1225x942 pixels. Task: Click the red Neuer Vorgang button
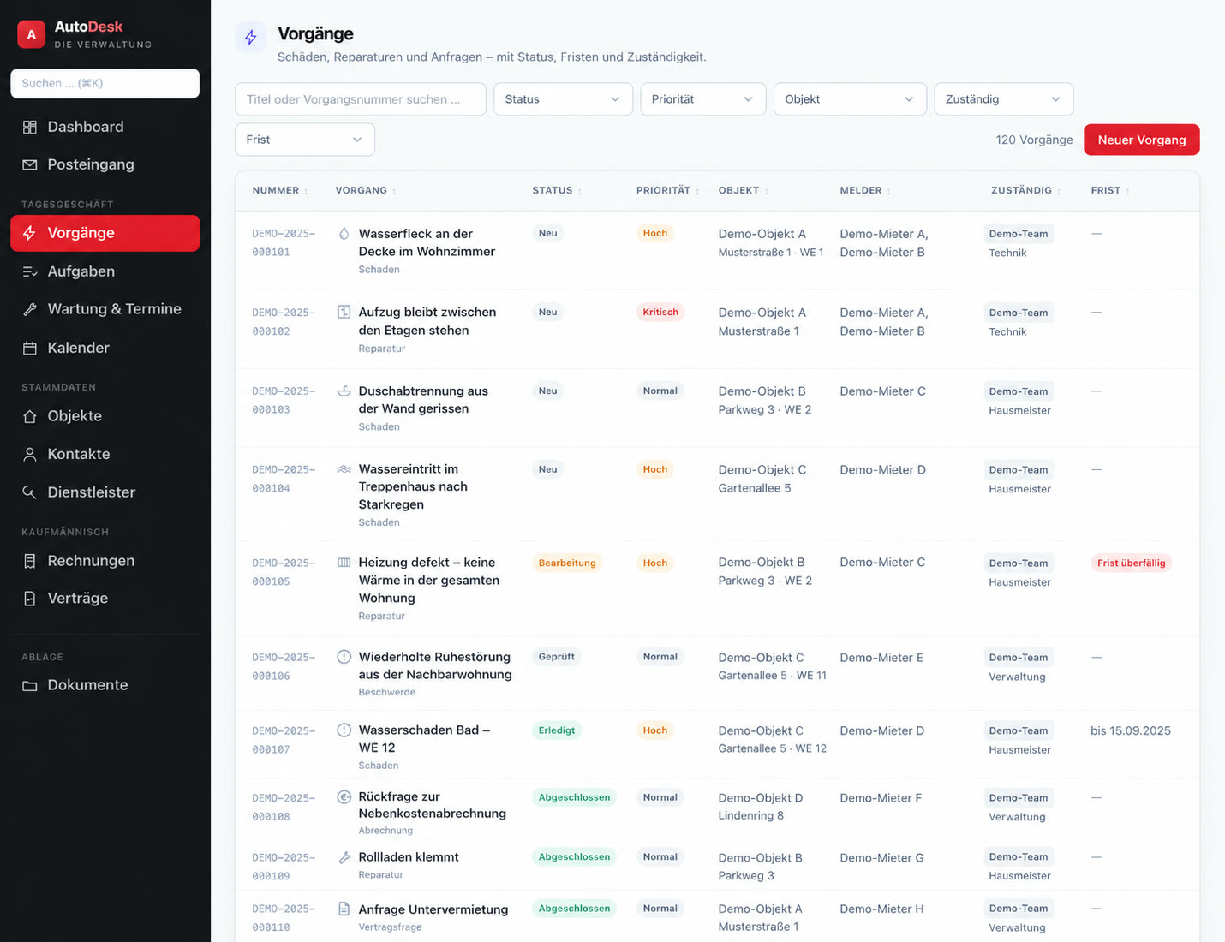tap(1141, 140)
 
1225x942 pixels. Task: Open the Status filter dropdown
tap(563, 99)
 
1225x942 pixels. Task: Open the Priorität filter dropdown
tap(702, 99)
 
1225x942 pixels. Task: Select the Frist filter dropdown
tap(304, 139)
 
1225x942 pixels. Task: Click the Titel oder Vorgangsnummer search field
tap(361, 99)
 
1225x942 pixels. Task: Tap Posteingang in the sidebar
tap(90, 164)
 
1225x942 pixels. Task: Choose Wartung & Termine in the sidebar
tap(114, 309)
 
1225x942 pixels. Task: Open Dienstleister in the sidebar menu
tap(91, 492)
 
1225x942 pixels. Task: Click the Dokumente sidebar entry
tap(87, 684)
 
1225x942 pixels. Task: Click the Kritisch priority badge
tap(660, 312)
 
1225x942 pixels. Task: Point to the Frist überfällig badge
tap(1131, 563)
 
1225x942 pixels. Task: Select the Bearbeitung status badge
tap(566, 563)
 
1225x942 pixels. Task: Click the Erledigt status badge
tap(557, 730)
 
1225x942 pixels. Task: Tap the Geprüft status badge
tap(557, 656)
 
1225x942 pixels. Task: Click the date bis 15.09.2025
tap(1130, 730)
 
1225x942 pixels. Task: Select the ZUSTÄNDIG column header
tap(1021, 190)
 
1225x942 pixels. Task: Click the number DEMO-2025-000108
tap(283, 807)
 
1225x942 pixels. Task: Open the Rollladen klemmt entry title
tap(408, 857)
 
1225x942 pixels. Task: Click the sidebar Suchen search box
tap(105, 83)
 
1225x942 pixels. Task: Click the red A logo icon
tap(32, 34)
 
